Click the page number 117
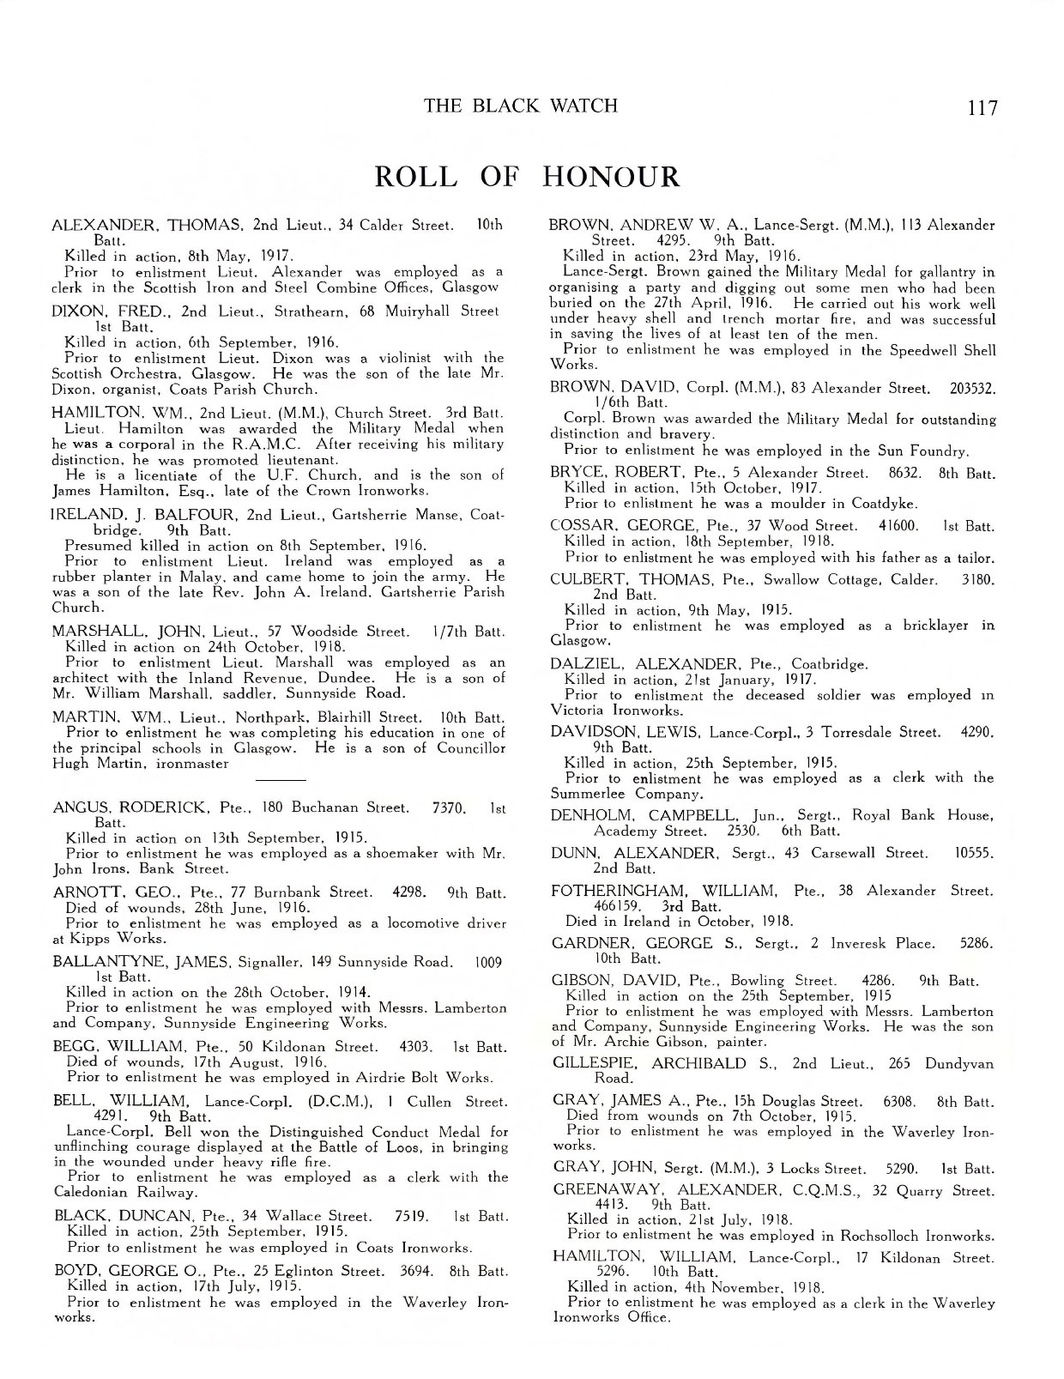(982, 108)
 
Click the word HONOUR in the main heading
(611, 176)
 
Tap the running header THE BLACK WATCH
(521, 106)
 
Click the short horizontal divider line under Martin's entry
(281, 779)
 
